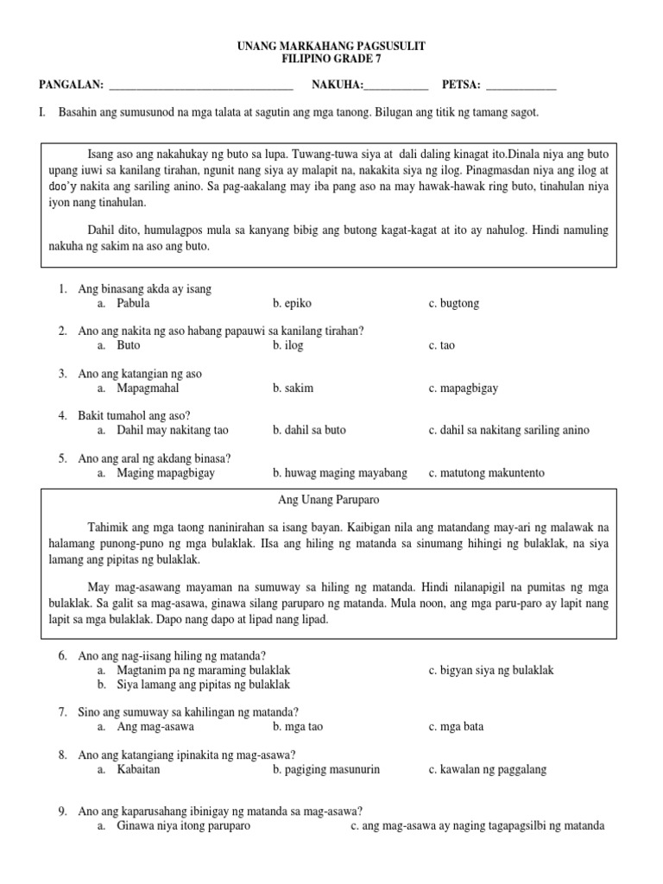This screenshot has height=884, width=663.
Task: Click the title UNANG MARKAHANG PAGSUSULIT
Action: click(331, 45)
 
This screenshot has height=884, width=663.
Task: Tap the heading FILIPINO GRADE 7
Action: click(331, 59)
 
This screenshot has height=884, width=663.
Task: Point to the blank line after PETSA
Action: click(521, 86)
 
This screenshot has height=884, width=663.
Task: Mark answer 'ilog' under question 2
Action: click(288, 345)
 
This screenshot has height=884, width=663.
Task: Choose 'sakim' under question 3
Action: click(294, 388)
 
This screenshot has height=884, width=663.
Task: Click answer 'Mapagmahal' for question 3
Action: click(148, 388)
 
